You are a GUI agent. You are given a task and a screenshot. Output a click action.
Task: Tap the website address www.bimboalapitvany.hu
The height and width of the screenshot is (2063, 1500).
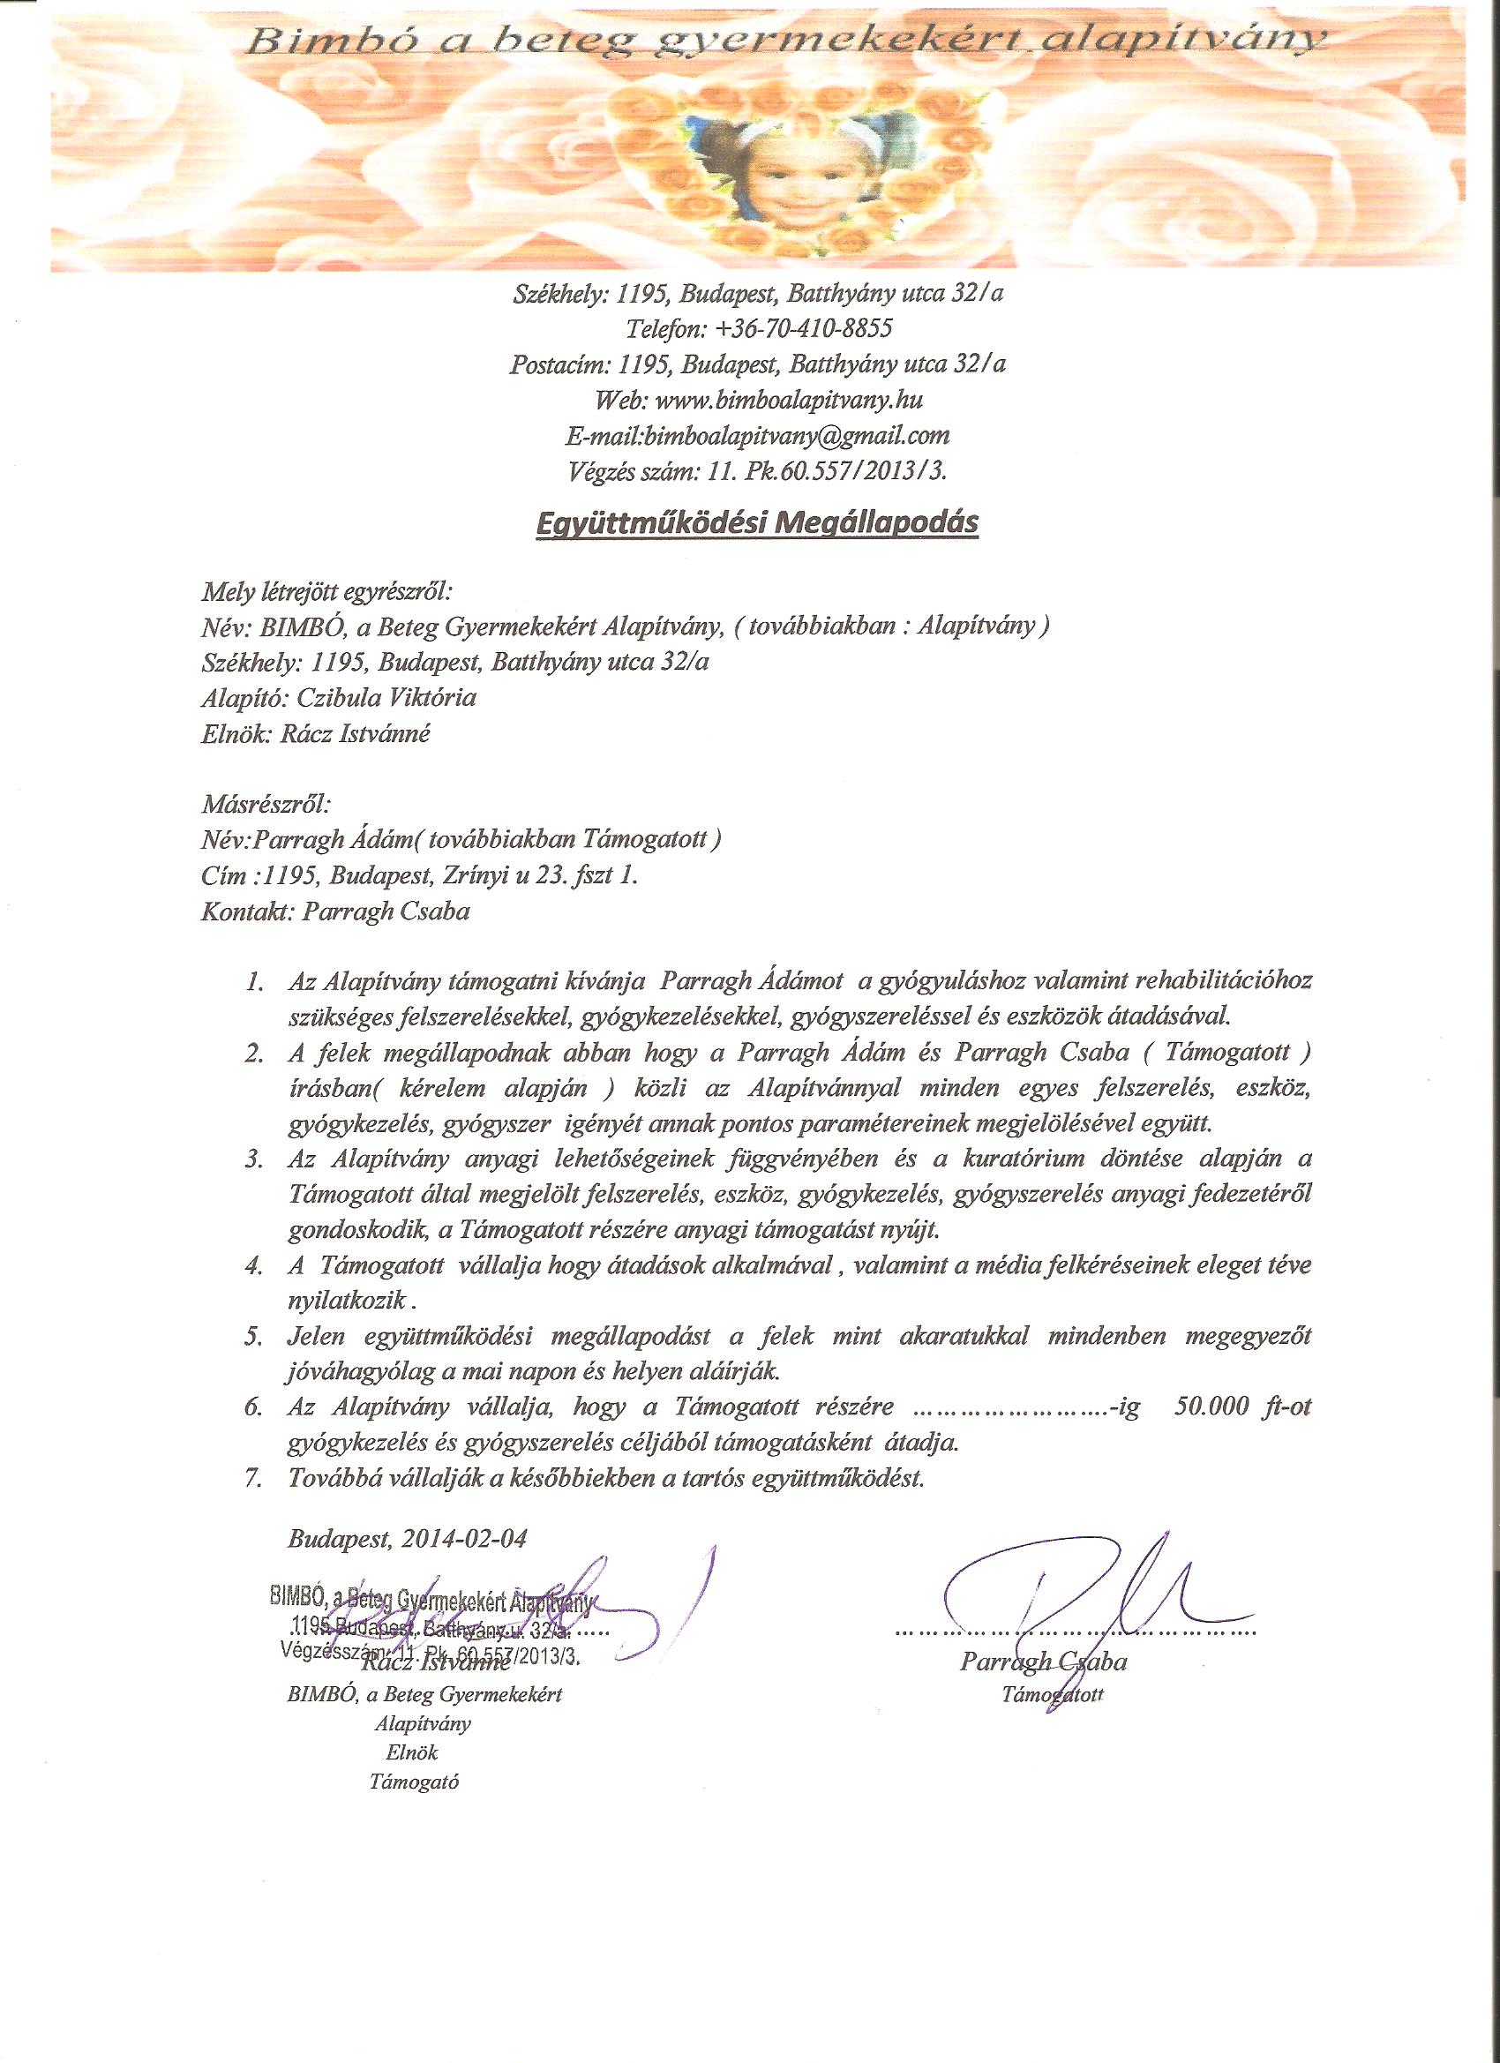[790, 401]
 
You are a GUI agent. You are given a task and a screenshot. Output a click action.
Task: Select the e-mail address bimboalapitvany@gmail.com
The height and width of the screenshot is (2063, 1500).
[796, 436]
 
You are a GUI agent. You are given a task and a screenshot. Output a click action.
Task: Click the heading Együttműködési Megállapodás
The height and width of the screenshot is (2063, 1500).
[757, 524]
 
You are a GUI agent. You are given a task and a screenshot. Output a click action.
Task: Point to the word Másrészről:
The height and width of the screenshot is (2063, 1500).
[266, 804]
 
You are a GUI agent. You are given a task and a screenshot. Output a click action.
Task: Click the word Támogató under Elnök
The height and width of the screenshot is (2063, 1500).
[414, 1782]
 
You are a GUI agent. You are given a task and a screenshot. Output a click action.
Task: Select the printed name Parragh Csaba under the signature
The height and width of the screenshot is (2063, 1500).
[1042, 1662]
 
